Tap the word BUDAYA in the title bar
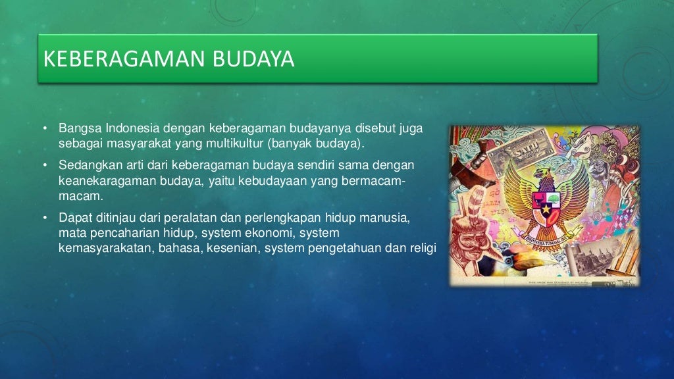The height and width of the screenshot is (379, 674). coord(253,59)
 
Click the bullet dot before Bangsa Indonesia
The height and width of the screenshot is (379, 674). coord(45,128)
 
